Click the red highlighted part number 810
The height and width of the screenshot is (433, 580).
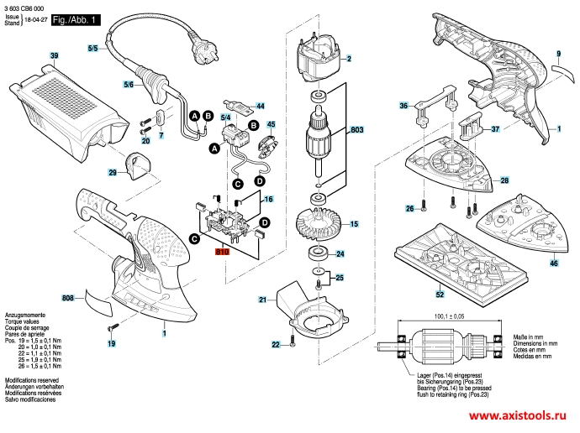pyautogui.click(x=222, y=251)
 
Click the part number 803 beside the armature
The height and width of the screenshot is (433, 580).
pyautogui.click(x=356, y=131)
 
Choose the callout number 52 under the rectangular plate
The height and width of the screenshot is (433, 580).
pyautogui.click(x=439, y=295)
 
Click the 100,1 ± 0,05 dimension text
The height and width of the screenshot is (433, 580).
pyautogui.click(x=450, y=316)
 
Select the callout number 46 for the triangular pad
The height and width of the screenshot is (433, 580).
pyautogui.click(x=553, y=263)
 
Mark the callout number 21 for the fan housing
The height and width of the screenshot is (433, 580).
pyautogui.click(x=262, y=300)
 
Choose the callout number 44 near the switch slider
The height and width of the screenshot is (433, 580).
pyautogui.click(x=260, y=107)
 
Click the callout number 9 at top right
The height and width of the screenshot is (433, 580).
pyautogui.click(x=556, y=54)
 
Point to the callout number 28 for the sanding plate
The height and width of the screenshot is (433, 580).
pyautogui.click(x=504, y=180)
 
